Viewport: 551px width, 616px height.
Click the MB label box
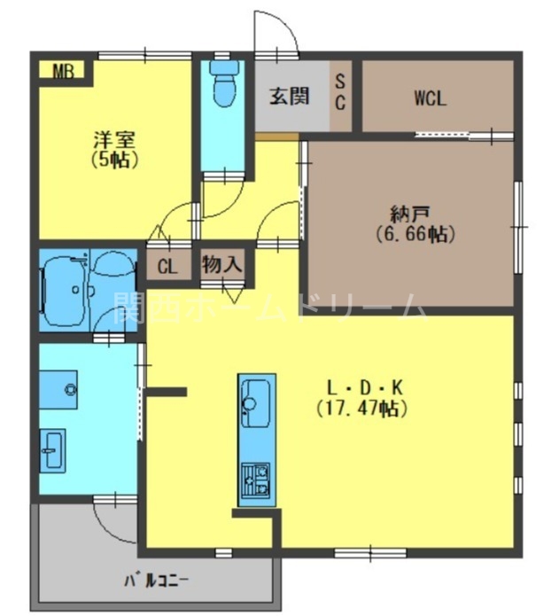61,71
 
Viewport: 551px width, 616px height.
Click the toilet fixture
224,85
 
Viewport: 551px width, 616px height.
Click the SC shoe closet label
340,92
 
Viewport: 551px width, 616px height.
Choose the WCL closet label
431,98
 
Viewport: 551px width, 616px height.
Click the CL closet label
167,266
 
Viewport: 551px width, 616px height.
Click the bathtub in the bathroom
63,288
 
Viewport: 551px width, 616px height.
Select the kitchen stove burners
254,482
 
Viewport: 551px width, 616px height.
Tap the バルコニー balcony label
156,581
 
